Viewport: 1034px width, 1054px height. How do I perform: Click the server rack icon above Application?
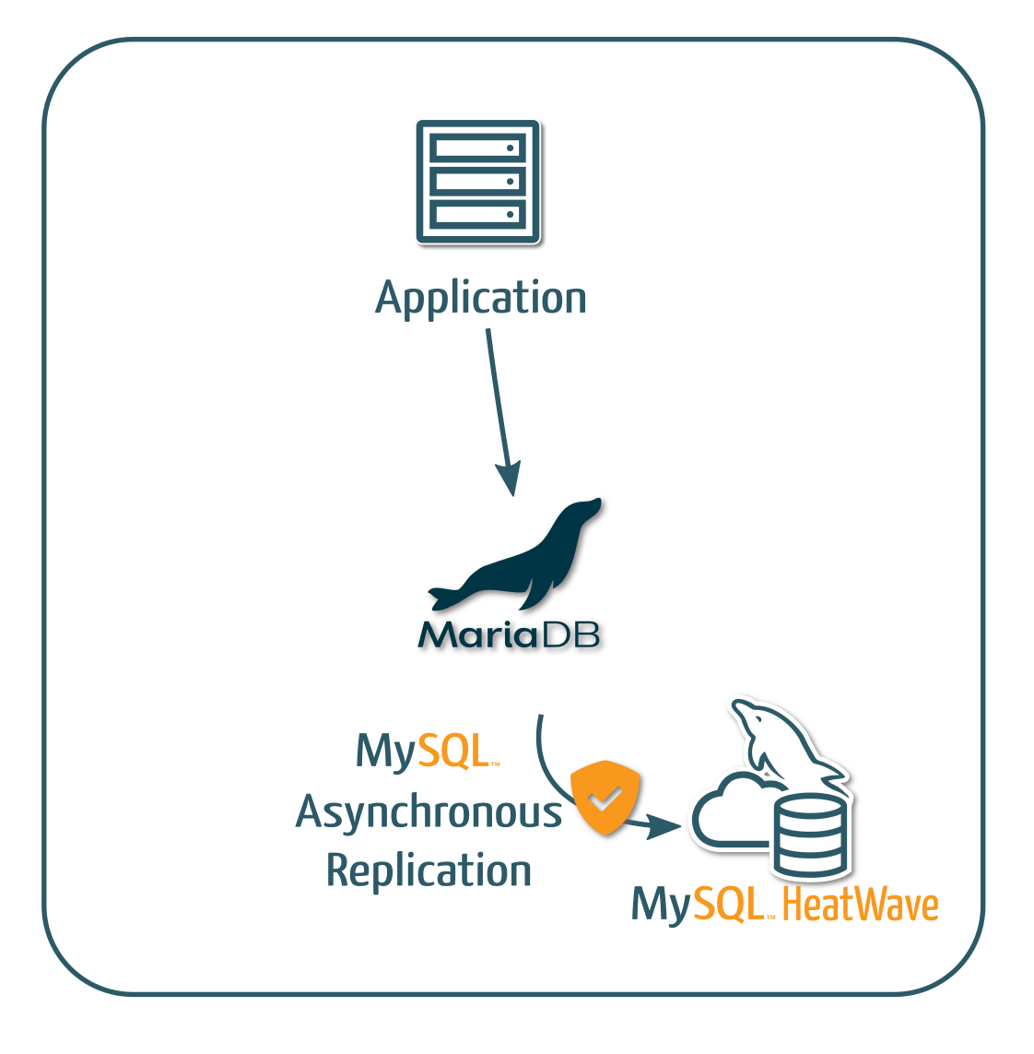pyautogui.click(x=477, y=182)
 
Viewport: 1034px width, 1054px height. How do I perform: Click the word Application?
pyautogui.click(x=480, y=299)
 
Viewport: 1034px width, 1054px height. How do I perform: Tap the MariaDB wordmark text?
pyautogui.click(x=509, y=635)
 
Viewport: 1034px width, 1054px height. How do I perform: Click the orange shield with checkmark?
pyautogui.click(x=605, y=797)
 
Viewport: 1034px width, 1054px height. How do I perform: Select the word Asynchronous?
pyautogui.click(x=429, y=812)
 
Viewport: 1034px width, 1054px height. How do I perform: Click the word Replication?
pyautogui.click(x=429, y=870)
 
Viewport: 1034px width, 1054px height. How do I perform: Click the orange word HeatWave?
pyautogui.click(x=860, y=906)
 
